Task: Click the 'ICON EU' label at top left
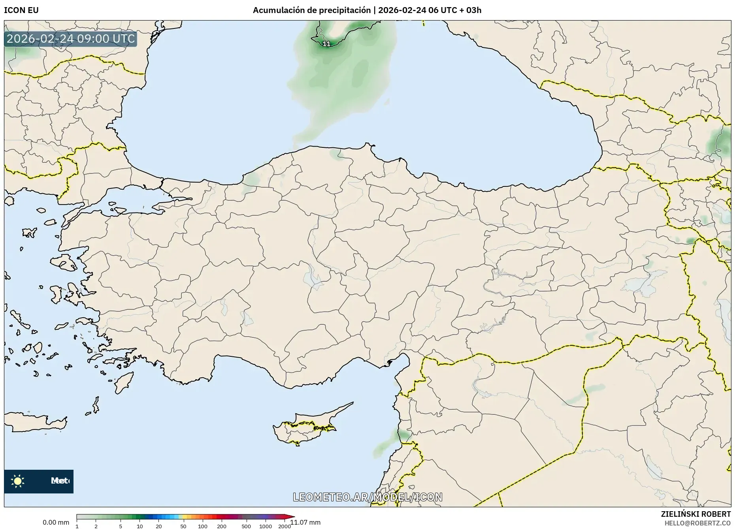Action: (21, 10)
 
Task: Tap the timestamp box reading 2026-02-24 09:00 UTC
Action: (71, 39)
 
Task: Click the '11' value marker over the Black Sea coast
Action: (326, 44)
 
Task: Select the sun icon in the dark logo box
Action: (18, 481)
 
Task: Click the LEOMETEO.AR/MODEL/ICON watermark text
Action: (367, 497)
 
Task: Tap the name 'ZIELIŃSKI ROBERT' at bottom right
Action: (695, 514)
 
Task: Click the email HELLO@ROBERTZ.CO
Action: (697, 523)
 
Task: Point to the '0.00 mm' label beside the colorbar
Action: (56, 522)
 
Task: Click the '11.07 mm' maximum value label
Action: (305, 522)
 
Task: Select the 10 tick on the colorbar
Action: (140, 526)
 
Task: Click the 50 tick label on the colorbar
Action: (183, 526)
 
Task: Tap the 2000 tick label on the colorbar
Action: (285, 526)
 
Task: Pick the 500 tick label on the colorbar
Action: (246, 526)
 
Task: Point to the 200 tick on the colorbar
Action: (222, 526)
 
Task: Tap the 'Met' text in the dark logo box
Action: (59, 481)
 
